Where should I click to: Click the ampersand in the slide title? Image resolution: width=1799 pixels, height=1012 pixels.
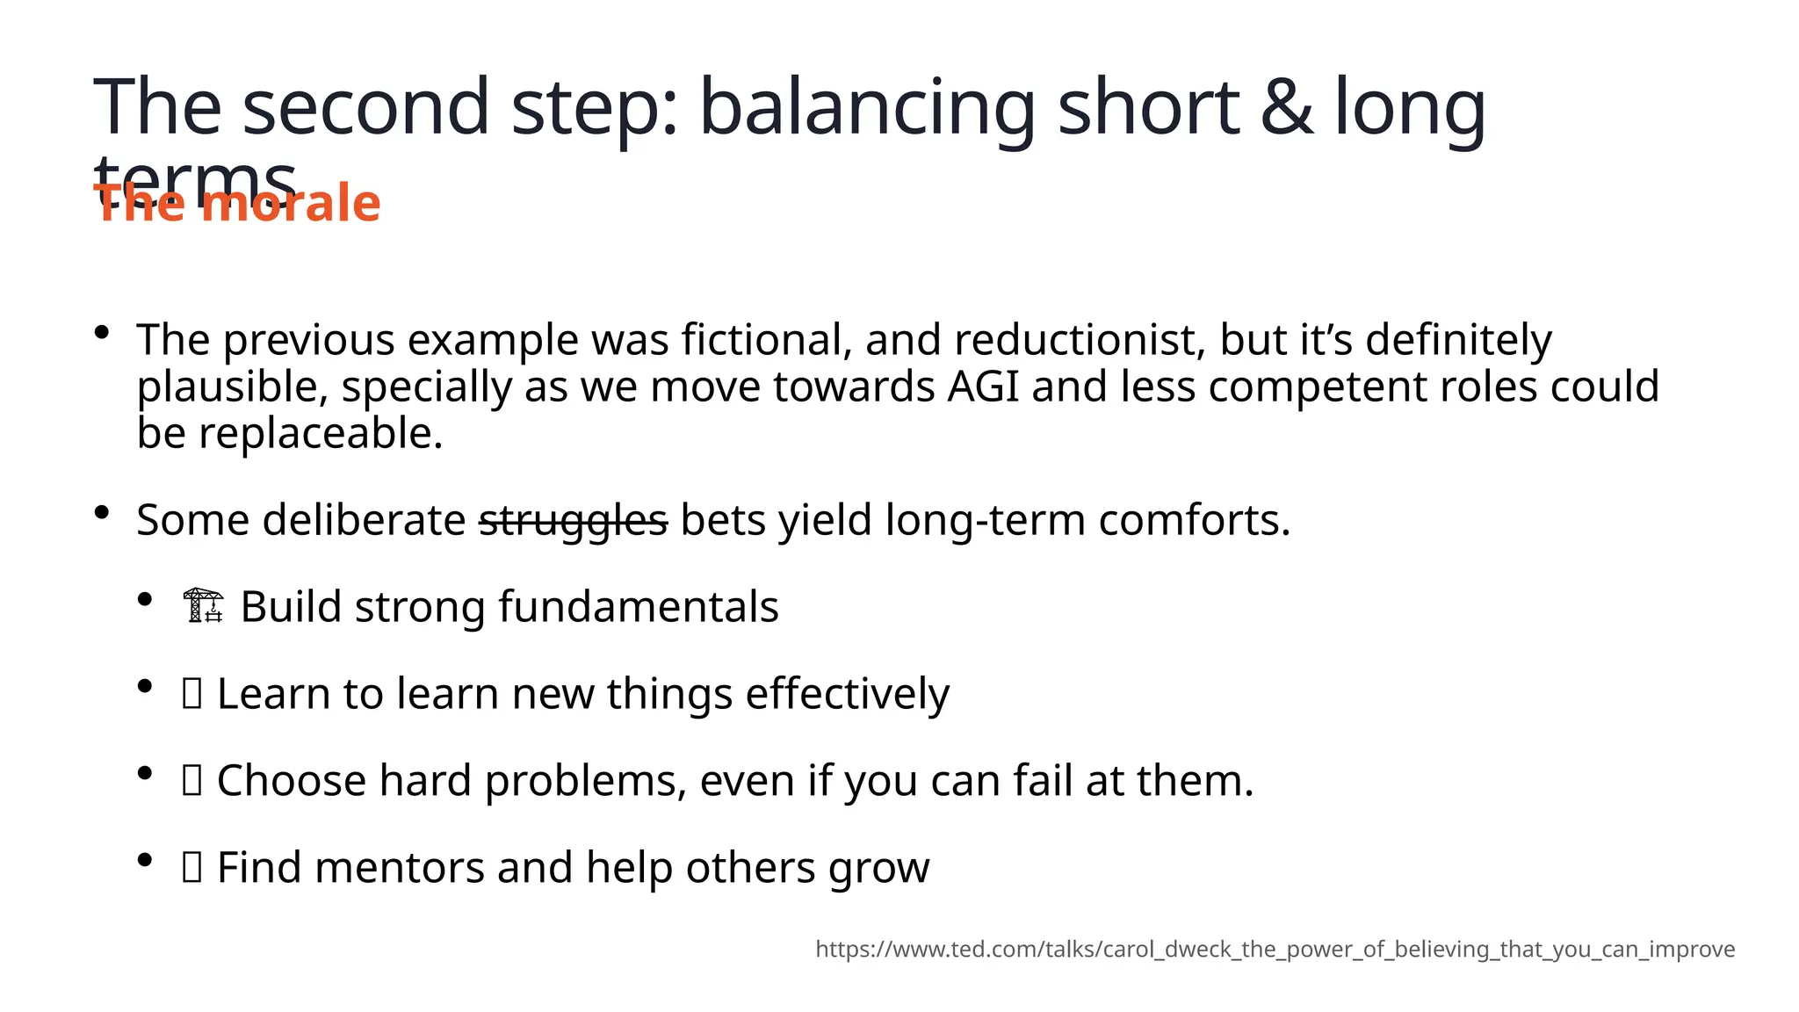tap(1287, 107)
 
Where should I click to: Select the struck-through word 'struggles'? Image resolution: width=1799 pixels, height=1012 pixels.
tap(573, 520)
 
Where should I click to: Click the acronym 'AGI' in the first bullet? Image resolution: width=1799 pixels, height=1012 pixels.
tap(983, 387)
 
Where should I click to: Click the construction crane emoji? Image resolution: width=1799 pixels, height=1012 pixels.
tap(204, 606)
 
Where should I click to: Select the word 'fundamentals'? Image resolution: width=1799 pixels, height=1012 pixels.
tap(638, 606)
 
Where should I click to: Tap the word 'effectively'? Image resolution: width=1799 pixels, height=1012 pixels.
tap(847, 693)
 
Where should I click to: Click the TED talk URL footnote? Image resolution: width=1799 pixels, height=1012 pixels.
tap(1275, 949)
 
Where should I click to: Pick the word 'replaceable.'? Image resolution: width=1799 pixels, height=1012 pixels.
tap(321, 433)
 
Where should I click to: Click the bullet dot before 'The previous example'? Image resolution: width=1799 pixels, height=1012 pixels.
tap(102, 332)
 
